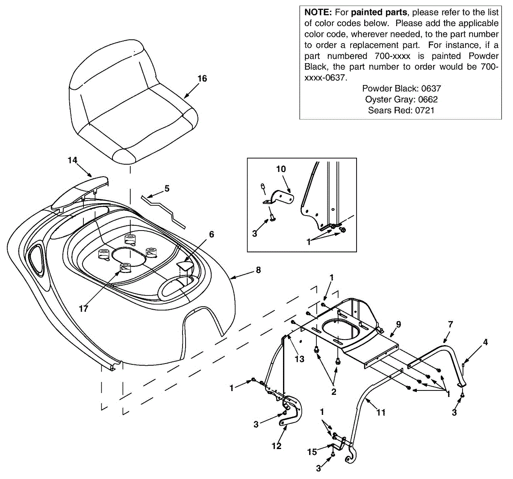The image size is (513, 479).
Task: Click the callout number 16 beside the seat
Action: pos(202,78)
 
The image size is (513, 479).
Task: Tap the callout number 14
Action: pos(72,160)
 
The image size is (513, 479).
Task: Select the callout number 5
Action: pos(167,188)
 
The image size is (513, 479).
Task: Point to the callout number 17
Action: pos(83,308)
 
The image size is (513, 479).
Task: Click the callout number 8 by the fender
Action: pos(258,270)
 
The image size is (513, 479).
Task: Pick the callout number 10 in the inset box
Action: pos(281,169)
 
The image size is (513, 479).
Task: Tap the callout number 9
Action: pos(398,325)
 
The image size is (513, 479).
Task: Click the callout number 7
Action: pos(450,325)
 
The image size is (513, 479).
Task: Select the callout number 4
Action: pos(485,342)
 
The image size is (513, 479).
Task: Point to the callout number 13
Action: pos(300,359)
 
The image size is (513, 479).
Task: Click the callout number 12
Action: pos(277,446)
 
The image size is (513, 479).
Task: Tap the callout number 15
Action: pos(312,452)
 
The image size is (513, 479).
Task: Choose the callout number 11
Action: pos(381,412)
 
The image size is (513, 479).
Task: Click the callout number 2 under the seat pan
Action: pos(334,392)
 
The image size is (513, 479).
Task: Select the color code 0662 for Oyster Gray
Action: pos(428,99)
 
